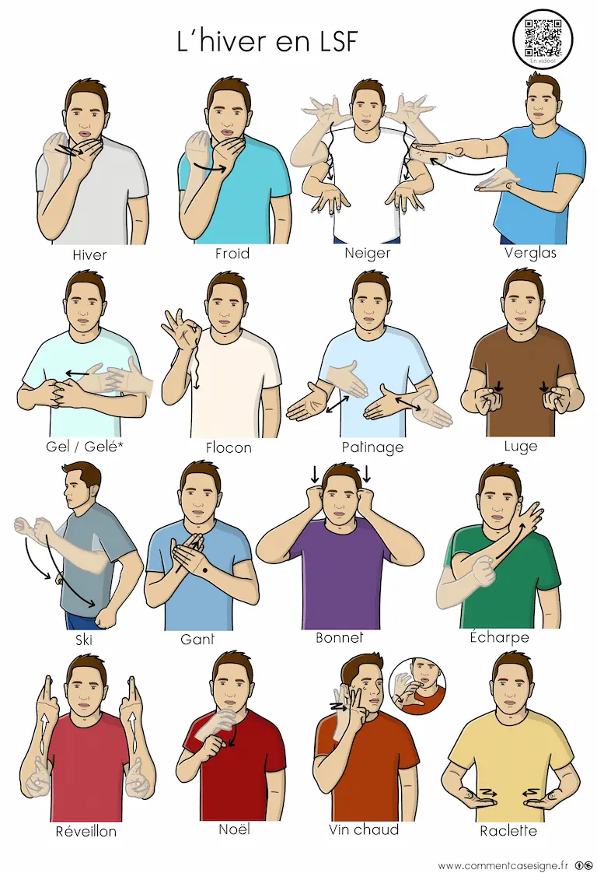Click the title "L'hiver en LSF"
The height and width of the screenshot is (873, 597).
coord(267,41)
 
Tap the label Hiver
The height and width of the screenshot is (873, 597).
coord(89,255)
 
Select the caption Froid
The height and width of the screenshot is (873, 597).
coord(232,254)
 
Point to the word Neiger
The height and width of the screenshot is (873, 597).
coord(367,254)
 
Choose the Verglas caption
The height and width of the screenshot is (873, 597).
coord(530,254)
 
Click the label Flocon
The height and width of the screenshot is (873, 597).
coord(228,447)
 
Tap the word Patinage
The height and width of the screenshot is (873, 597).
coord(372,447)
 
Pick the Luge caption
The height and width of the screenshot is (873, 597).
coord(520,446)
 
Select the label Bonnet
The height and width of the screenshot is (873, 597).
coord(339,637)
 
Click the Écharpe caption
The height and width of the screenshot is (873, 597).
coord(499,636)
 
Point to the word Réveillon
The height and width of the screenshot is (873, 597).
coord(86,831)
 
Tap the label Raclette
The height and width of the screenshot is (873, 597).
coord(508,831)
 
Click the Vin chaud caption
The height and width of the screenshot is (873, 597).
coord(363,830)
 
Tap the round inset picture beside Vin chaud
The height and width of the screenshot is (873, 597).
coord(417,686)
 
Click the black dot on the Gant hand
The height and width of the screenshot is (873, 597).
coord(205,570)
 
